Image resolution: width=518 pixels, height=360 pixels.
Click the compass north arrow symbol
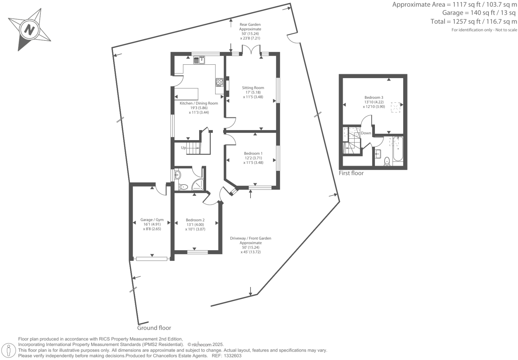[29, 30]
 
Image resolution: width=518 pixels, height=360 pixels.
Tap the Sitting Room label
[253, 88]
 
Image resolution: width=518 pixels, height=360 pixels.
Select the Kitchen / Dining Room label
[199, 103]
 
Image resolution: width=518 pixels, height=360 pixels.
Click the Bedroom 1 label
[253, 153]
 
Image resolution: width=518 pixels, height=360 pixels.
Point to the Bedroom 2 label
[195, 220]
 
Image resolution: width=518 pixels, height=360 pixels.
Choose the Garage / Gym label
[152, 220]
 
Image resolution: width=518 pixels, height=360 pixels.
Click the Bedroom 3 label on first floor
[374, 97]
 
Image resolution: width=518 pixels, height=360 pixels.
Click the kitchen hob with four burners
[219, 82]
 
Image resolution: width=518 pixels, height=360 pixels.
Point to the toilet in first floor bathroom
[387, 161]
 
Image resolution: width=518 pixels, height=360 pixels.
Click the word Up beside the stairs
[183, 148]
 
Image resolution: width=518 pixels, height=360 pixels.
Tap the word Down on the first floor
[366, 133]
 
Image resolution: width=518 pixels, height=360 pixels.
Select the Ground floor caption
[154, 328]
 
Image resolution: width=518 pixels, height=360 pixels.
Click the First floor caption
[351, 173]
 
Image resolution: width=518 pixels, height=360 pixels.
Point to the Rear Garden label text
[250, 24]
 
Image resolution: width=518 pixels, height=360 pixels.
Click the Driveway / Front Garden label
[250, 238]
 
